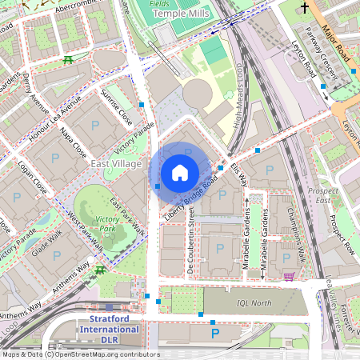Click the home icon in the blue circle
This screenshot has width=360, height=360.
click(180, 172)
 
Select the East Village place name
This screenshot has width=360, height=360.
click(116, 163)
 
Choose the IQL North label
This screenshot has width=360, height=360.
click(254, 303)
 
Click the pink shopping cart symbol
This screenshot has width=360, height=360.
click(288, 277)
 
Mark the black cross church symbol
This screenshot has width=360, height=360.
click(304, 8)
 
